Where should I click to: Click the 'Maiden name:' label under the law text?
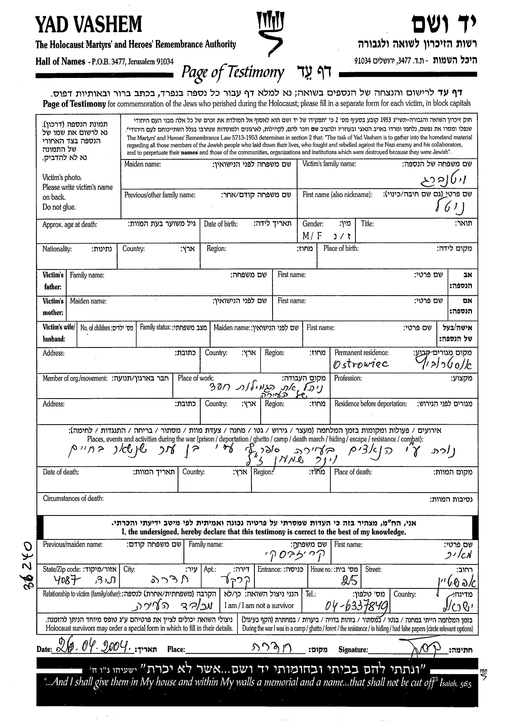pos(143,164)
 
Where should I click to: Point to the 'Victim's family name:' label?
pos(329,164)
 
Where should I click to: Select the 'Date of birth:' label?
pos(220,224)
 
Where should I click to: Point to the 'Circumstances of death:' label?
pos(73,498)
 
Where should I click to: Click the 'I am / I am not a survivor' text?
pos(259,606)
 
